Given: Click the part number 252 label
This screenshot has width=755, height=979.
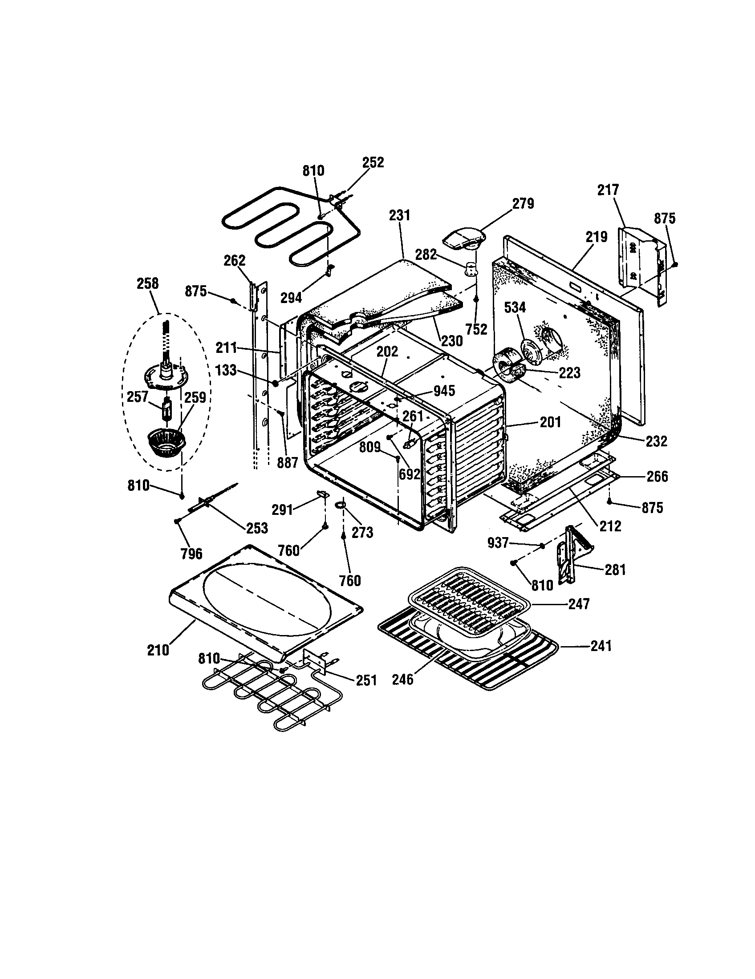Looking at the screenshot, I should coord(373,162).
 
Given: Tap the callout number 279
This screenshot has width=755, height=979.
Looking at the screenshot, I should coord(523,203).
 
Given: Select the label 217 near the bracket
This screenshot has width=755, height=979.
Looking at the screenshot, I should coord(608,190).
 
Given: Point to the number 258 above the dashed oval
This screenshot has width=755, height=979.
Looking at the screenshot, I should coord(147,283).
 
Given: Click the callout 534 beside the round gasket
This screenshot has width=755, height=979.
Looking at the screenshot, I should coord(515,307).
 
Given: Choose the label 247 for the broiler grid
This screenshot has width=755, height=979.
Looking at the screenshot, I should coord(579,604).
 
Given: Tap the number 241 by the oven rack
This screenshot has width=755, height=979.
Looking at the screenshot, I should coord(601,646).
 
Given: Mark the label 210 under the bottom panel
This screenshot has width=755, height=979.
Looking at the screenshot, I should coord(158,650).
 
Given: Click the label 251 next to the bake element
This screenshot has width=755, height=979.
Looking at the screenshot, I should coord(366,680).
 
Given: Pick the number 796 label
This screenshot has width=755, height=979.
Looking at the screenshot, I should coord(191,554).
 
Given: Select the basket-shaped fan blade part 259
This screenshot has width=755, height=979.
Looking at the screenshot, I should coord(166,443).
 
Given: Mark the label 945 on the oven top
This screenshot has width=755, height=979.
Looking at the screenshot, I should coord(444,391).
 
